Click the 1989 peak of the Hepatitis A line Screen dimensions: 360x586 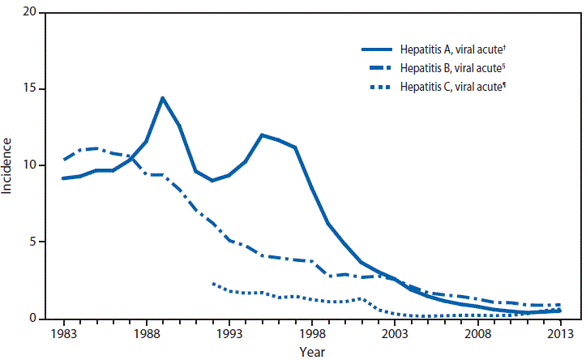162,98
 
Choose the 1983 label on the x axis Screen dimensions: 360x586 63,333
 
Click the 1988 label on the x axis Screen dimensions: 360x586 146,333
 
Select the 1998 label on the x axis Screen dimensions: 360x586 311,333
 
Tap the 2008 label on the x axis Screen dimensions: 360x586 477,333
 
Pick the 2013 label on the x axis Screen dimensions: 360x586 559,333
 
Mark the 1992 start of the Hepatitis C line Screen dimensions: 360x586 212,284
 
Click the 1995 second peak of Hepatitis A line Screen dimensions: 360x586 262,135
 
